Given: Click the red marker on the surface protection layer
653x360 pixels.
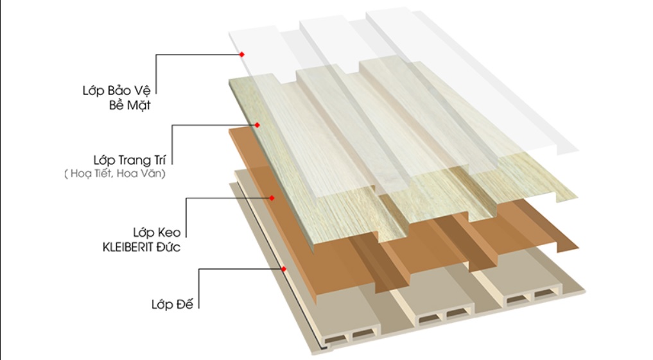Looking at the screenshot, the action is [241, 55].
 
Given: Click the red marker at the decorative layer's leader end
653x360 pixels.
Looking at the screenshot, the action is [257, 125].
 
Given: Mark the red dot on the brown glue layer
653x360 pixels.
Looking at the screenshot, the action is [272, 198].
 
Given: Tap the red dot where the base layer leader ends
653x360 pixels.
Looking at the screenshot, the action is [284, 270].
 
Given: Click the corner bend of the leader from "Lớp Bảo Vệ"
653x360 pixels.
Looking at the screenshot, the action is [156, 55].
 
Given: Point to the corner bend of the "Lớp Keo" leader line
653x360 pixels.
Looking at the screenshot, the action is [186, 198].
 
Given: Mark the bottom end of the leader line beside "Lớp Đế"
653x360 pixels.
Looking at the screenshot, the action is [198, 309].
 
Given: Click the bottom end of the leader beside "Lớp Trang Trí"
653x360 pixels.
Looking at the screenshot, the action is [172, 164].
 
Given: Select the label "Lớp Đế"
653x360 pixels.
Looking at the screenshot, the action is [173, 304].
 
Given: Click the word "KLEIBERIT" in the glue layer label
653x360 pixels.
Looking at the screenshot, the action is [128, 247].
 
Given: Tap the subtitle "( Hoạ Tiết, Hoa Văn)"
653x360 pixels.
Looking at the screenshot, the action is [115, 173].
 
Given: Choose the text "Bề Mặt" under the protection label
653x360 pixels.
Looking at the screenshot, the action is [130, 105].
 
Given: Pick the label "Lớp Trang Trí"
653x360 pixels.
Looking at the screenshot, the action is [130, 160].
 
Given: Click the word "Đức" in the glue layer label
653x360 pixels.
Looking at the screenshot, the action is [169, 247].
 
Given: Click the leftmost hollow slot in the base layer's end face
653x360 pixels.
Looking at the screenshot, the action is [334, 340].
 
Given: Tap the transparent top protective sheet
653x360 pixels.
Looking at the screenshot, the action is [403, 83].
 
